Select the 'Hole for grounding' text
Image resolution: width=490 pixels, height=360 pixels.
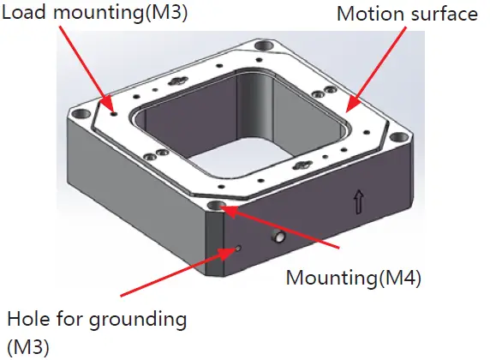96,320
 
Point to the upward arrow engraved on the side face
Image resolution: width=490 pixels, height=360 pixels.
358,202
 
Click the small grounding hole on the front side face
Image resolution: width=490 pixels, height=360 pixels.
238,249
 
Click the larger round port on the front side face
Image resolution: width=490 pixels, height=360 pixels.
279,236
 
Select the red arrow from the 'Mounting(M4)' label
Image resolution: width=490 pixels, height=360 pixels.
283,227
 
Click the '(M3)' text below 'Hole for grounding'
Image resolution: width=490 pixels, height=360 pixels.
27,346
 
